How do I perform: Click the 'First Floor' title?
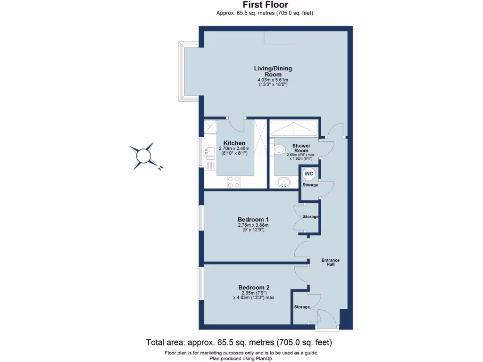pyautogui.click(x=265, y=5)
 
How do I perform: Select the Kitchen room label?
pyautogui.click(x=234, y=143)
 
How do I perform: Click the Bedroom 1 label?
pyautogui.click(x=253, y=220)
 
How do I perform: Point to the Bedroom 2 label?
pyautogui.click(x=254, y=288)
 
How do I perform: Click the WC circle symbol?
pyautogui.click(x=308, y=174)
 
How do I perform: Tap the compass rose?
pyautogui.click(x=143, y=156)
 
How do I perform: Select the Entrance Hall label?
pyautogui.click(x=330, y=262)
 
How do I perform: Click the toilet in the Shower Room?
pyautogui.click(x=279, y=150)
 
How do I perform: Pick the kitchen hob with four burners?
pyautogui.click(x=233, y=181)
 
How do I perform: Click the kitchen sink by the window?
pyautogui.click(x=209, y=152)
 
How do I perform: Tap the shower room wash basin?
pyautogui.click(x=283, y=182)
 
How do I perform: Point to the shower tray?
pyautogui.click(x=293, y=128)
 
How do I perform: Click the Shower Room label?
pyautogui.click(x=301, y=148)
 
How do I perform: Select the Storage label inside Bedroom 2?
pyautogui.click(x=302, y=307)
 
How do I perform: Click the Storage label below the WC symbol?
pyautogui.click(x=310, y=185)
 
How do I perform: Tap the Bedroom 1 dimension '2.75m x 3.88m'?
pyautogui.click(x=253, y=226)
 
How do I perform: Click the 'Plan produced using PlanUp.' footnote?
pyautogui.click(x=241, y=358)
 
